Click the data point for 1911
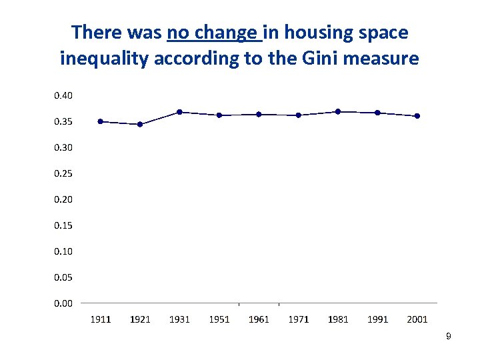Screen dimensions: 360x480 pos(101,121)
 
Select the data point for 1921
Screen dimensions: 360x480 pos(140,124)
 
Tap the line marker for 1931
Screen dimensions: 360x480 pos(179,112)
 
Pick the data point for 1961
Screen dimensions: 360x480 pos(259,114)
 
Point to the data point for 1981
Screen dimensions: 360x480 pos(338,111)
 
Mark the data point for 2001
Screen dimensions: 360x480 pos(417,116)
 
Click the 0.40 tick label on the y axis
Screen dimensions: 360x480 pos(63,95)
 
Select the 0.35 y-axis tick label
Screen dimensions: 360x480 pos(63,121)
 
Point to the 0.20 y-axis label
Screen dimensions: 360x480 pos(63,199)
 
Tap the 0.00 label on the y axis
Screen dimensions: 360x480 pos(63,303)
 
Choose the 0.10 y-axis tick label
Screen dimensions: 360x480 pos(63,251)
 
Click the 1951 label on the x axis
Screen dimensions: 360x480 pos(219,319)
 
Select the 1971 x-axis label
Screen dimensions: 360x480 pos(299,319)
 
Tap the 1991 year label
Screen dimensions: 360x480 pos(378,319)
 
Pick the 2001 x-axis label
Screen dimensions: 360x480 pos(417,319)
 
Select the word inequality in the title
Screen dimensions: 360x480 pos(104,59)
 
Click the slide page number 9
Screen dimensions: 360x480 pos(449,337)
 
